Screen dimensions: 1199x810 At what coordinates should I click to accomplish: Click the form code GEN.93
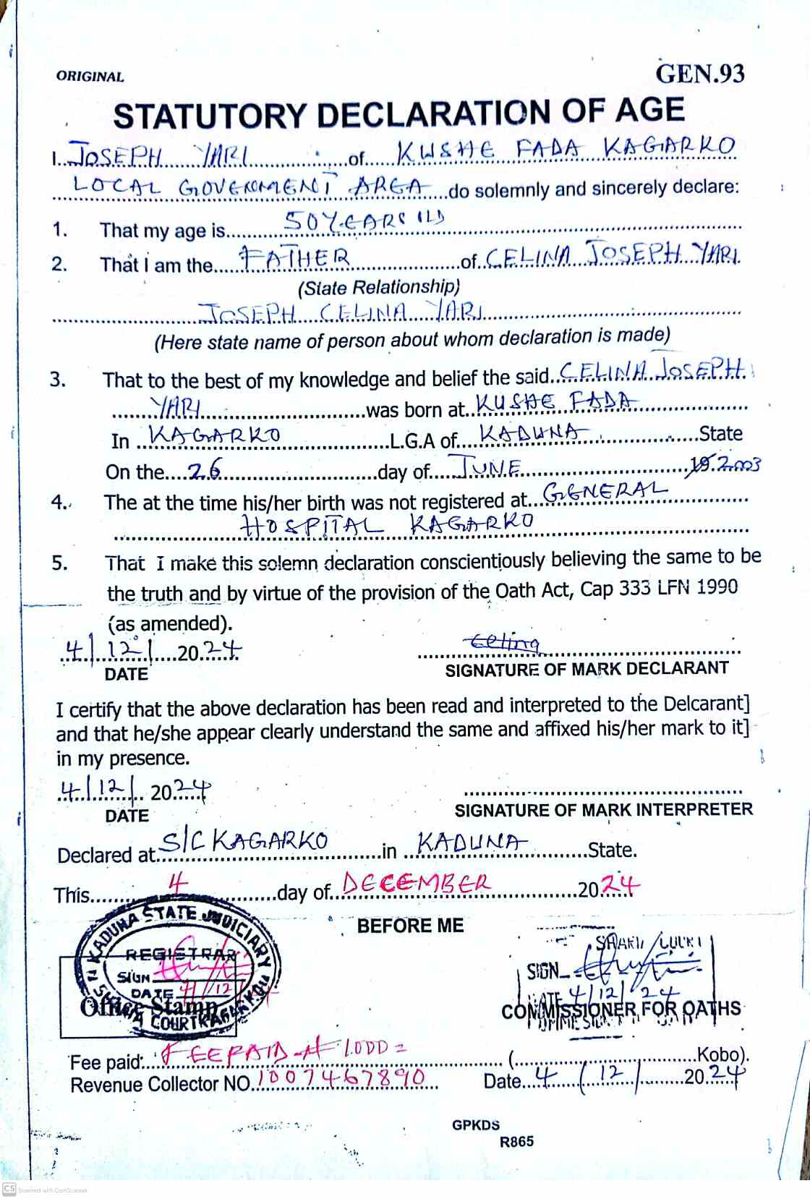tap(699, 74)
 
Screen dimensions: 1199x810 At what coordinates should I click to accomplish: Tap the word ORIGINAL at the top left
tap(90, 77)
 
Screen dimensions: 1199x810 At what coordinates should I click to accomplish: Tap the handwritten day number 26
tap(204, 472)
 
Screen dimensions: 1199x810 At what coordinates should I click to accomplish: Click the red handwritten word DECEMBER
tap(416, 884)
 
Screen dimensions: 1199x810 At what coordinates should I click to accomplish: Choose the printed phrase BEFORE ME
tap(410, 926)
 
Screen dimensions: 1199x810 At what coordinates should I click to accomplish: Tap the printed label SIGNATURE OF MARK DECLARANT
tap(587, 669)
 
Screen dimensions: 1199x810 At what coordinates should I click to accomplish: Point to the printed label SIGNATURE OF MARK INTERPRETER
tap(603, 810)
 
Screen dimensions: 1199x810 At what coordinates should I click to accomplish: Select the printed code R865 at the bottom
tap(516, 1142)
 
